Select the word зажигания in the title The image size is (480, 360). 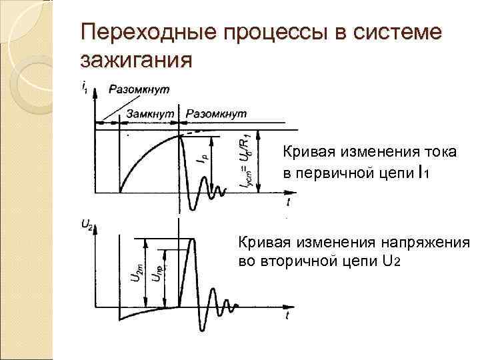click(136, 61)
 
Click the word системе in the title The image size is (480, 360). click(399, 33)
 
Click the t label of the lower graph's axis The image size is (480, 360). click(287, 313)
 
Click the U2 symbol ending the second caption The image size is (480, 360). click(391, 260)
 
